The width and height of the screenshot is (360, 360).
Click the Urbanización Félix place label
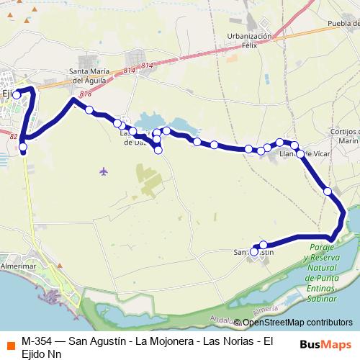point(249,40)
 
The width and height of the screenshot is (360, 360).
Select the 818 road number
point(85,94)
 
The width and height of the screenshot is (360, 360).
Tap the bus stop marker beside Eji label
point(17,94)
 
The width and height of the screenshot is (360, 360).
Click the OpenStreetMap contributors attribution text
point(293,323)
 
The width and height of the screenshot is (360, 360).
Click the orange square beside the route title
point(11,341)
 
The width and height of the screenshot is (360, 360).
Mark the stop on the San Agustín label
point(253,252)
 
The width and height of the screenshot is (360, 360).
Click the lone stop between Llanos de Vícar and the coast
point(328,191)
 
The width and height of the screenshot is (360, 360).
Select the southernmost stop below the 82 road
point(23,148)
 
